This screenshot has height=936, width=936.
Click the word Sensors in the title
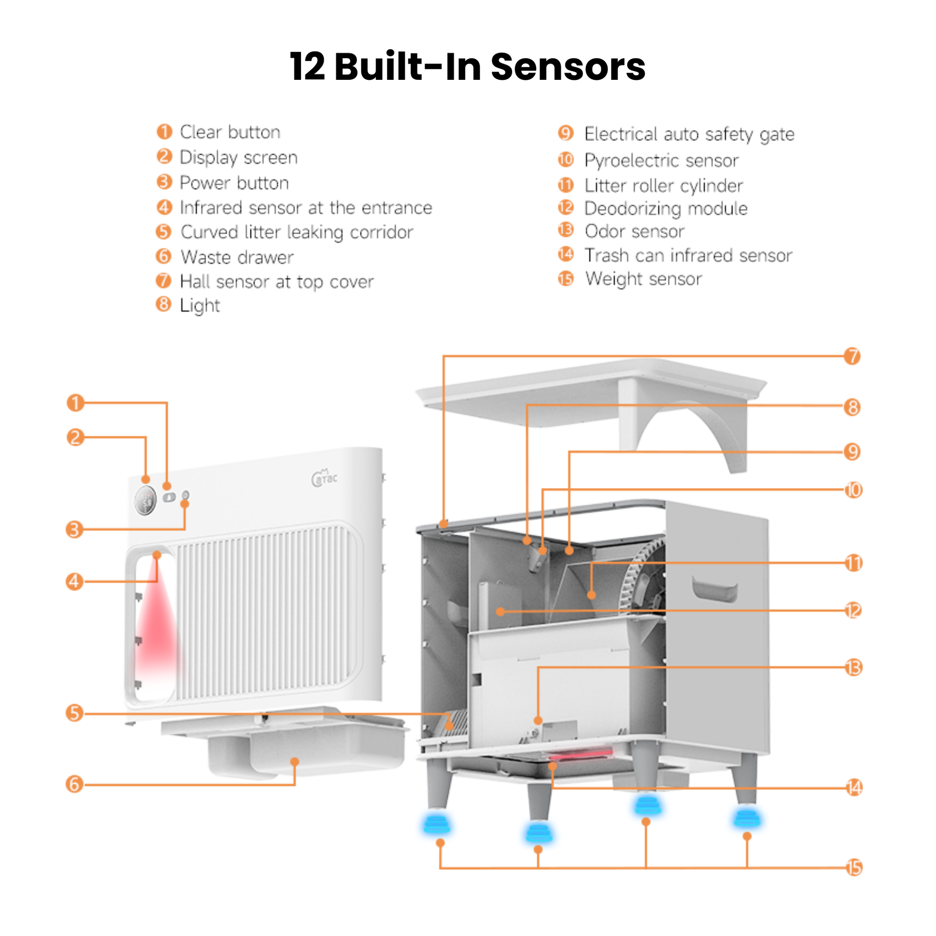coord(568,67)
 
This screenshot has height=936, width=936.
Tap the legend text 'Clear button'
coord(229,132)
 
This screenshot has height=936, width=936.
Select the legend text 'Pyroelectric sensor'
coord(661,160)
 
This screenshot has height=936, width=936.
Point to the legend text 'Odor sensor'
coord(634,231)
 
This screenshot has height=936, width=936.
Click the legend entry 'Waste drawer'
coord(237,257)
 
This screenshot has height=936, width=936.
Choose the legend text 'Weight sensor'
coord(644,279)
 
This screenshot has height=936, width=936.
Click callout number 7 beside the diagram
coord(852,356)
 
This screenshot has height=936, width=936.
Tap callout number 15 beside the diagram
coord(854,867)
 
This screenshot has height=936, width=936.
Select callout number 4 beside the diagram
coord(74,581)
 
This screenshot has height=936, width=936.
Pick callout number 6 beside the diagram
coord(74,784)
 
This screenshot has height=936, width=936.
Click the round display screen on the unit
coord(145,500)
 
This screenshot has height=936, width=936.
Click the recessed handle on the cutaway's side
coord(715,589)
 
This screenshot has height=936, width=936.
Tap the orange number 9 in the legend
coord(565,133)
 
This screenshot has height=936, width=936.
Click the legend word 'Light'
coord(200,306)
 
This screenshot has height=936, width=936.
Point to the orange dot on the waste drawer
coord(294,761)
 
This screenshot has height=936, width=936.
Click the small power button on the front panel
coord(185,495)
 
